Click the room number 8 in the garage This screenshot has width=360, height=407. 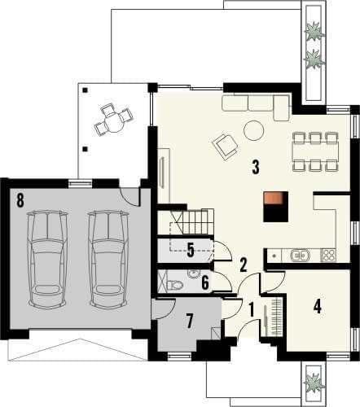pyautogui.click(x=20, y=200)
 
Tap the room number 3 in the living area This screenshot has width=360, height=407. pyautogui.click(x=256, y=167)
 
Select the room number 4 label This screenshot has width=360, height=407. pyautogui.click(x=317, y=307)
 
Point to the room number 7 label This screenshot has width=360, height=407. pyautogui.click(x=190, y=321)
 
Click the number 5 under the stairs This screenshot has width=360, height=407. pyautogui.click(x=191, y=250)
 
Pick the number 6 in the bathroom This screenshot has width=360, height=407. pyautogui.click(x=205, y=282)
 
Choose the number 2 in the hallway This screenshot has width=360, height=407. pyautogui.click(x=243, y=265)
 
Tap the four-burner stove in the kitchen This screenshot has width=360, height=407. pyautogui.click(x=329, y=256)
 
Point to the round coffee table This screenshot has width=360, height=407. pyautogui.click(x=253, y=130)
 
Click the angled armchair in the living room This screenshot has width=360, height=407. pyautogui.click(x=226, y=147)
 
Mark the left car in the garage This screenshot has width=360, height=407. pyautogui.click(x=47, y=260)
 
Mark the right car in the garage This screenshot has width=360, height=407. pyautogui.click(x=108, y=260)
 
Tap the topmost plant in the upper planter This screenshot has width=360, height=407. pyautogui.click(x=314, y=32)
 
